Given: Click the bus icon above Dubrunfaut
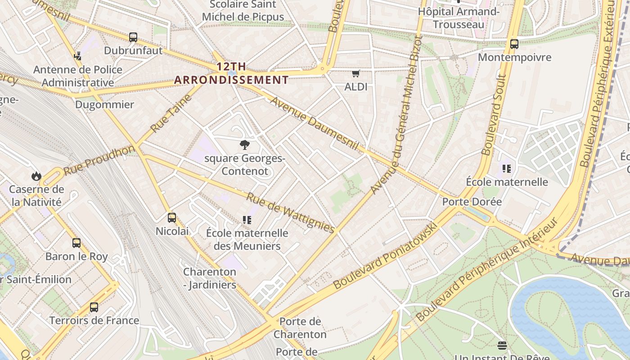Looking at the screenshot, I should (133, 37).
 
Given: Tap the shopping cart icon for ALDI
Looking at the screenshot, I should (356, 73).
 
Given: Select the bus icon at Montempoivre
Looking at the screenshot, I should (514, 44).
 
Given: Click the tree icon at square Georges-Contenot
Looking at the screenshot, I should (245, 145).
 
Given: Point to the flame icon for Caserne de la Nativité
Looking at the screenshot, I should (36, 176).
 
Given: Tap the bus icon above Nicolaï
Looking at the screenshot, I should (172, 218).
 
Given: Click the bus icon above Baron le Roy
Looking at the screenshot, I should (76, 243).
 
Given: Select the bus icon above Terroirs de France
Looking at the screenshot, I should (94, 307).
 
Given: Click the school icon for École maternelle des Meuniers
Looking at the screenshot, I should (247, 220).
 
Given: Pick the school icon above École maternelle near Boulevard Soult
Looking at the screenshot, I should (507, 169).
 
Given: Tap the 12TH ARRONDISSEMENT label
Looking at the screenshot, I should (231, 73).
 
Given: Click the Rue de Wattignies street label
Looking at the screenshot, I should (291, 213).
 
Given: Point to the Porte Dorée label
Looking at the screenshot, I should (472, 202).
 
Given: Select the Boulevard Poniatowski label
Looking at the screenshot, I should (385, 256).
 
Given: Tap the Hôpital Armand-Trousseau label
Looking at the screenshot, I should (459, 18).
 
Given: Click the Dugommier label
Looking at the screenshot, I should (104, 105).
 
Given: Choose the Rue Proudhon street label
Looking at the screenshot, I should (99, 160).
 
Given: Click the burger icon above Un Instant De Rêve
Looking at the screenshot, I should (502, 346).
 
